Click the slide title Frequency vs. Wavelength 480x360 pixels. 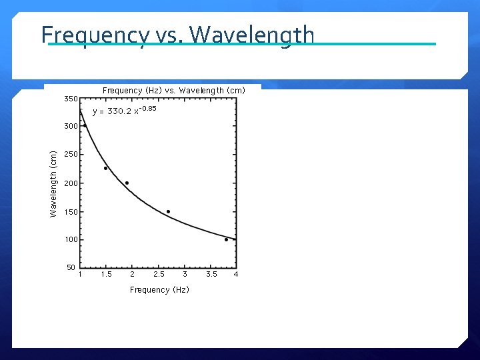tap(177, 34)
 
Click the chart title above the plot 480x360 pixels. tap(174, 90)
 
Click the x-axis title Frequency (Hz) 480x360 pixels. tap(159, 289)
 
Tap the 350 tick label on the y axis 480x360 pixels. tap(71, 99)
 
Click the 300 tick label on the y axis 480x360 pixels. tap(71, 126)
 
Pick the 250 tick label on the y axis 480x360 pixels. tap(71, 155)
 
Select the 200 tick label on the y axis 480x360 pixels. tap(71, 183)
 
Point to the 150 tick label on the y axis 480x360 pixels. tap(71, 212)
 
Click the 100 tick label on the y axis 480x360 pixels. tap(71, 240)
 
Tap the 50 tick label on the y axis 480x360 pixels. tap(71, 268)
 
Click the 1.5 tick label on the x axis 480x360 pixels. tap(106, 274)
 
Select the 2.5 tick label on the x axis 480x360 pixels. tap(159, 274)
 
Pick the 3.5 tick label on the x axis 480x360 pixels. tap(211, 274)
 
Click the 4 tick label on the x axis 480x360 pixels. tap(236, 274)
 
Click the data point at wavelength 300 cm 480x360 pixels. tap(85, 125)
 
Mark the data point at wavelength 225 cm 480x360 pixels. tap(105, 168)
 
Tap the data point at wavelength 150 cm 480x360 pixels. tap(168, 211)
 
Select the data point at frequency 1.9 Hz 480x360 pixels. tap(127, 183)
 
